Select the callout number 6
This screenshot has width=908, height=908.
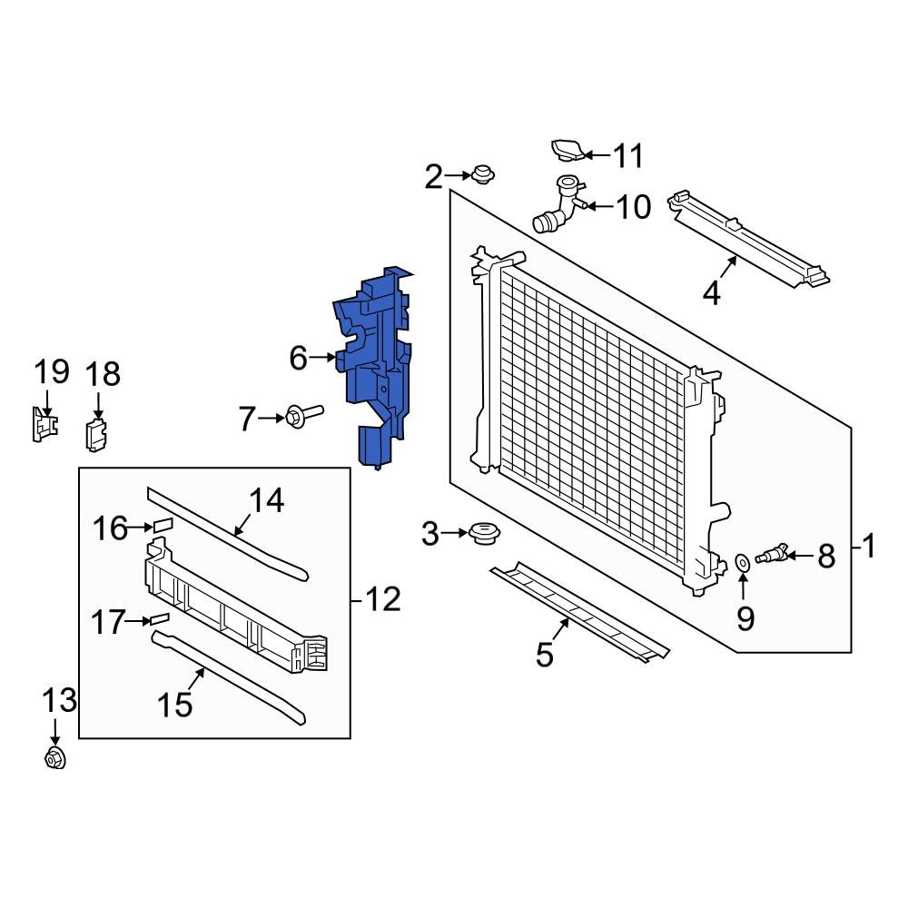[299, 359]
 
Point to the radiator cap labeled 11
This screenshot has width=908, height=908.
[567, 151]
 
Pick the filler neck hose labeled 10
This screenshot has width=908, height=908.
[556, 207]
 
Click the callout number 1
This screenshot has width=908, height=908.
[869, 547]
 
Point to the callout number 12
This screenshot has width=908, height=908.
[382, 599]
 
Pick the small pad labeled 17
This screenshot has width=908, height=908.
[160, 618]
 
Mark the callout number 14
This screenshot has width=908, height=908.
[267, 500]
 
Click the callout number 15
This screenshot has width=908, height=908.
[177, 704]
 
